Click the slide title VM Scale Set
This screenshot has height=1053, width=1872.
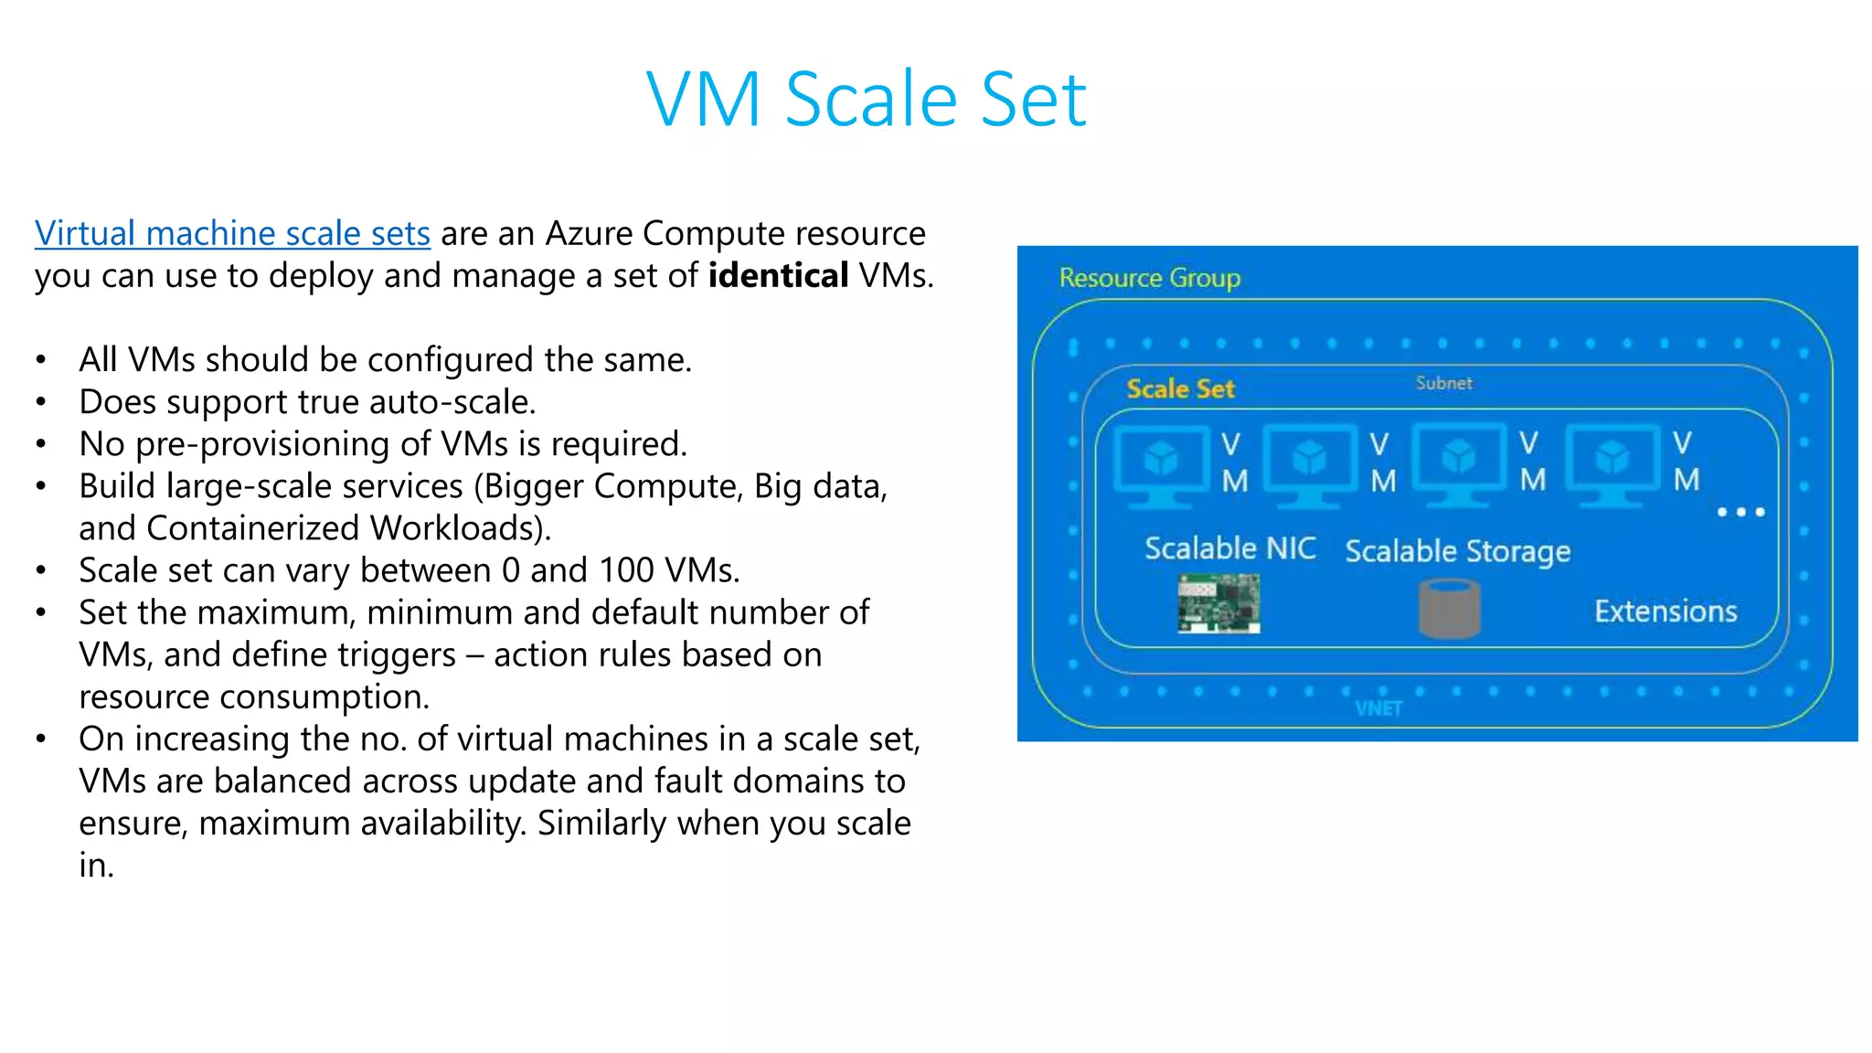(x=866, y=99)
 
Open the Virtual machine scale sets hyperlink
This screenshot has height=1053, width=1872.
(x=232, y=234)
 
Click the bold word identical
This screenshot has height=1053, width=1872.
(x=778, y=276)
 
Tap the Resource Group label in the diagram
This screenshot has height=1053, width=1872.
(x=1149, y=278)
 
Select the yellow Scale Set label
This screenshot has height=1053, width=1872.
(x=1180, y=389)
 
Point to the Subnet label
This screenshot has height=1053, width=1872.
(x=1443, y=383)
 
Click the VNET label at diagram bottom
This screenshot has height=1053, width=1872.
(x=1377, y=708)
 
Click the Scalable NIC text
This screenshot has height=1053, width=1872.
(x=1229, y=548)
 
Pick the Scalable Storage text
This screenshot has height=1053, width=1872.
(x=1457, y=551)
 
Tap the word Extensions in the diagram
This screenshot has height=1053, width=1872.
(x=1665, y=612)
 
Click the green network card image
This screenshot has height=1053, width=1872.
(x=1218, y=603)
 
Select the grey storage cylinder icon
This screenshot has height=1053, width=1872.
(x=1449, y=609)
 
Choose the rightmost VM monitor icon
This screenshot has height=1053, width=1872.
(x=1611, y=463)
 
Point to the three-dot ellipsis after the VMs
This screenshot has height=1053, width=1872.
(x=1739, y=512)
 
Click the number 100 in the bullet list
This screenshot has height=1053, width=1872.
(x=626, y=571)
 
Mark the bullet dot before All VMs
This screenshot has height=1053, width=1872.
(x=41, y=361)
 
